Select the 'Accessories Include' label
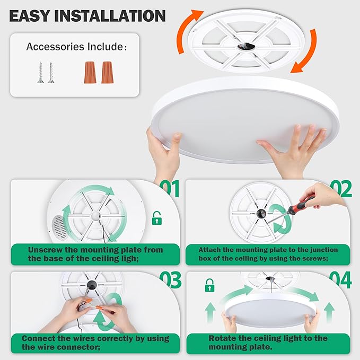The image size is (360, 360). pyautogui.click(x=76, y=47)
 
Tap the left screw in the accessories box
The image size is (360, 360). pyautogui.click(x=40, y=73)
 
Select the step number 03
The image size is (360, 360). pyautogui.click(x=170, y=279)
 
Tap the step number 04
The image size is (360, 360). pyautogui.click(x=340, y=279)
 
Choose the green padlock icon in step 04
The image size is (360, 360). pyautogui.click(x=209, y=286)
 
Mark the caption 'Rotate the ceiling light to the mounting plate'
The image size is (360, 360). pyautogui.click(x=268, y=342)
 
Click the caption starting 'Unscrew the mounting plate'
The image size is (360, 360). pyautogui.click(x=95, y=253)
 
